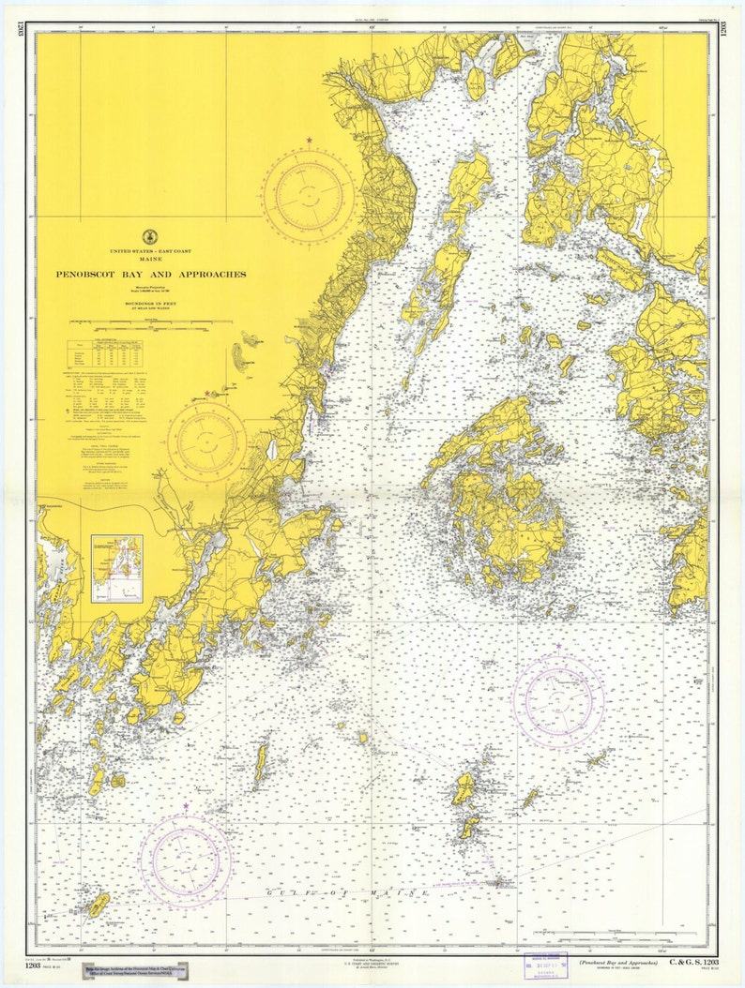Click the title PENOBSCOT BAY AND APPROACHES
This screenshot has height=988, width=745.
click(x=150, y=275)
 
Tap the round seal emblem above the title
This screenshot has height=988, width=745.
click(x=149, y=237)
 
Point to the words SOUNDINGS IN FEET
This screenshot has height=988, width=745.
click(x=150, y=305)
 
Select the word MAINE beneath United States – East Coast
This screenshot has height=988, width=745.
click(x=149, y=260)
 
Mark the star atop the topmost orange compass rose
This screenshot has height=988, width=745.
click(x=309, y=142)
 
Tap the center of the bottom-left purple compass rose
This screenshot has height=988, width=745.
click(x=186, y=859)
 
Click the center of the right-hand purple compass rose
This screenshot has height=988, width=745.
click(x=558, y=700)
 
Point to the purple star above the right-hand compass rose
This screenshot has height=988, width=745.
click(x=558, y=647)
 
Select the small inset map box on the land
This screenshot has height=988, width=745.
click(x=117, y=568)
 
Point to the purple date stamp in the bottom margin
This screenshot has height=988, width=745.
click(x=546, y=964)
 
